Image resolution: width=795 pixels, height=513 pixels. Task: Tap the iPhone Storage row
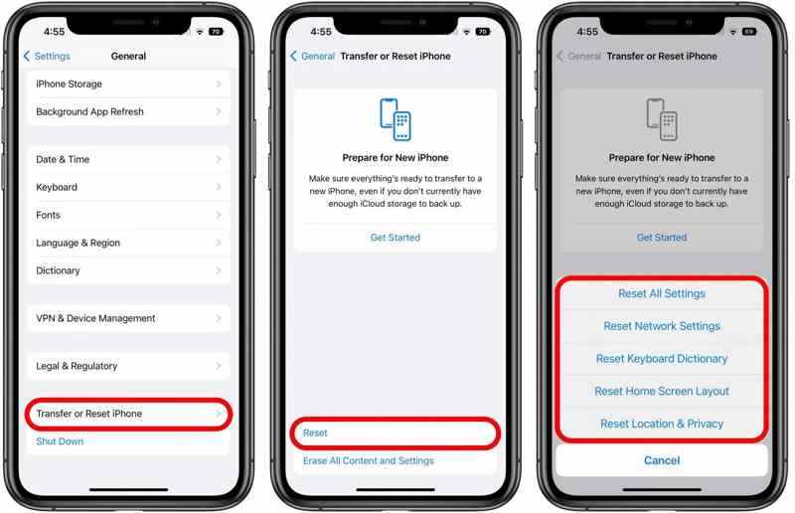click(128, 84)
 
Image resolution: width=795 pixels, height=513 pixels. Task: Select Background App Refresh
click(128, 111)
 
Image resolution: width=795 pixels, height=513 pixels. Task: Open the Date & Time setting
click(128, 159)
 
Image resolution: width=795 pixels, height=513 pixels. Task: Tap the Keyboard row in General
click(128, 187)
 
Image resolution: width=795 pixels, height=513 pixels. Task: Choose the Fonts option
click(128, 215)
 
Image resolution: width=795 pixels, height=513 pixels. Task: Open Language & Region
click(128, 243)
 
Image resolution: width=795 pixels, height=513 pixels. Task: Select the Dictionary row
click(128, 270)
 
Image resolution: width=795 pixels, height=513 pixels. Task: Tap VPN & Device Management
click(128, 318)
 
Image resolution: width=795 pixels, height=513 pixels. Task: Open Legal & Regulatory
click(128, 366)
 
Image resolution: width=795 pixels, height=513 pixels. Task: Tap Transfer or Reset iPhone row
click(128, 414)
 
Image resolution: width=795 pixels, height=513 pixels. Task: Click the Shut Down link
click(60, 441)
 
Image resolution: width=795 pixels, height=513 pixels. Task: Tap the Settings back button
click(47, 56)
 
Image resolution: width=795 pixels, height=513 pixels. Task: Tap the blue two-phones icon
click(396, 119)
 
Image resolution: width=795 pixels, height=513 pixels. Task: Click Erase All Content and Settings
click(369, 460)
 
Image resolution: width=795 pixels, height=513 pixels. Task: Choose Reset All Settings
click(662, 294)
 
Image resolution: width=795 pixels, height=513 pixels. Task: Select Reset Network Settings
click(662, 326)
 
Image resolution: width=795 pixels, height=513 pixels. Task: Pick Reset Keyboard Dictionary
click(662, 359)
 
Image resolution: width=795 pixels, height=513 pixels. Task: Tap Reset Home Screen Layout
click(662, 392)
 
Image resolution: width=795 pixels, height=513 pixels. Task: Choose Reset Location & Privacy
click(662, 424)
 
